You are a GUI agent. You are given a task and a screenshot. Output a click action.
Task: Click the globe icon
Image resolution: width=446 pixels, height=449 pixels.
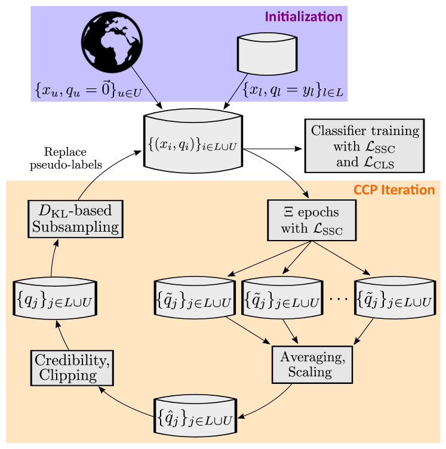click(111, 42)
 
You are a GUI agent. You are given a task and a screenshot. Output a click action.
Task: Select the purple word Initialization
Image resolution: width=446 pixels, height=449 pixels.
click(303, 17)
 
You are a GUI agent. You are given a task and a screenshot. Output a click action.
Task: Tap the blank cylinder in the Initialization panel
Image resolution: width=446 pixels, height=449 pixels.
click(267, 52)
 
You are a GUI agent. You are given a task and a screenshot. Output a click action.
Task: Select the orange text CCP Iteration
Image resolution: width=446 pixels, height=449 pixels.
click(394, 190)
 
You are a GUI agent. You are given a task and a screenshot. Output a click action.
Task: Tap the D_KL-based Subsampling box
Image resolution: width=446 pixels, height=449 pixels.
click(76, 219)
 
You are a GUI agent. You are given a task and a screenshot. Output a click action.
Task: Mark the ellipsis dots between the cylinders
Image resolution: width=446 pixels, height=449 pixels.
click(338, 299)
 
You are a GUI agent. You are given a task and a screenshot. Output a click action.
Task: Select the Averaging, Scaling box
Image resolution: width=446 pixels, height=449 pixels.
click(312, 364)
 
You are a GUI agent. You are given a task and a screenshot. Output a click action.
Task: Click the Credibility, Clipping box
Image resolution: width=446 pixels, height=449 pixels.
click(72, 367)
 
